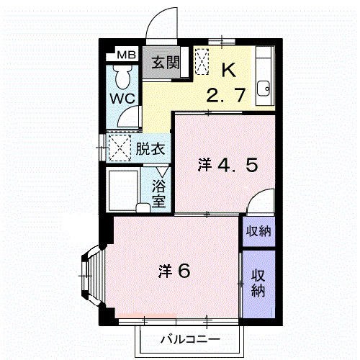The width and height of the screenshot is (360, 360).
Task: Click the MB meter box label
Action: pyautogui.click(x=125, y=55)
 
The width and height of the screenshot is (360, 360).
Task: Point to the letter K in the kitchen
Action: pyautogui.click(x=228, y=70)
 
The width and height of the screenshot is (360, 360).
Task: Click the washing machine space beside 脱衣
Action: pyautogui.click(x=118, y=148)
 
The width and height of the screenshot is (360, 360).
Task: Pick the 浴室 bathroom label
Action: pyautogui.click(x=159, y=192)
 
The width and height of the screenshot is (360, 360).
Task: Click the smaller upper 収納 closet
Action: pyautogui.click(x=258, y=231)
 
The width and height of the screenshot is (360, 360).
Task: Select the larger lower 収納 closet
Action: pyautogui.click(x=258, y=283)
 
